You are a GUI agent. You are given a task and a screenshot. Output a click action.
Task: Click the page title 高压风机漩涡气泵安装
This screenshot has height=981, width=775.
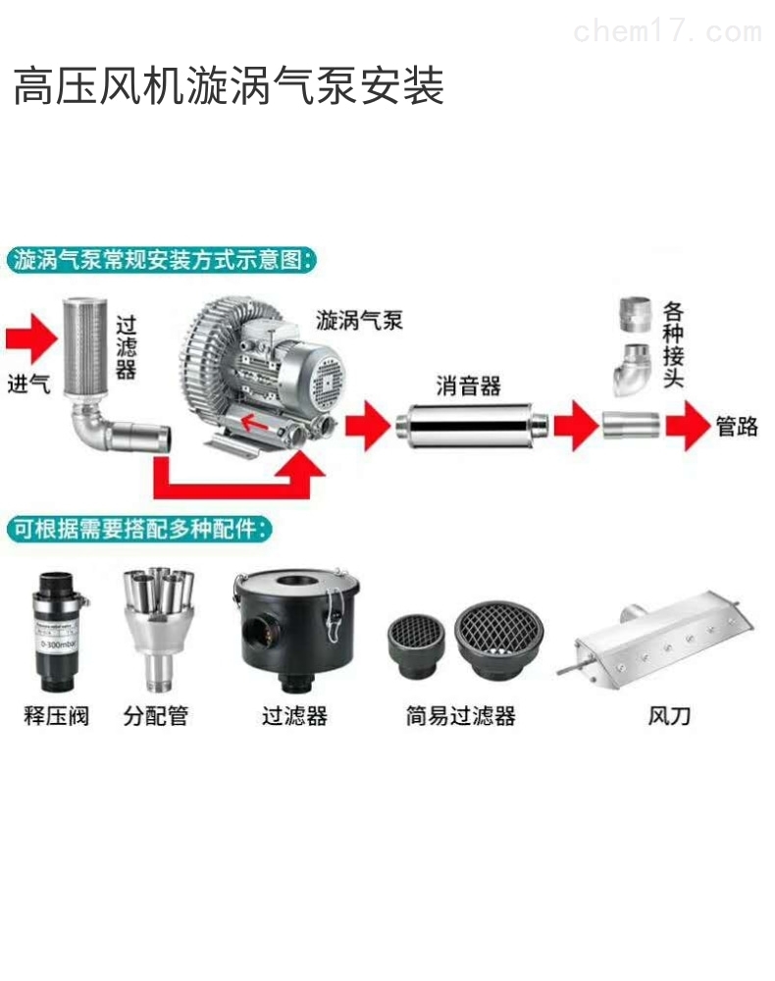[228, 86]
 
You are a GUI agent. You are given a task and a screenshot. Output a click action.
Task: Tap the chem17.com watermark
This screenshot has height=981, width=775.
[666, 31]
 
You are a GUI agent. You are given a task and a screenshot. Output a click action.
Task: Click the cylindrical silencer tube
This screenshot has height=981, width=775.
[469, 426]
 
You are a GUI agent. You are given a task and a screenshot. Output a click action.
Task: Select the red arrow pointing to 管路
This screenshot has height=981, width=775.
[688, 426]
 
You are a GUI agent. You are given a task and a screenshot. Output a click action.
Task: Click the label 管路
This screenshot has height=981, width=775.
[736, 427]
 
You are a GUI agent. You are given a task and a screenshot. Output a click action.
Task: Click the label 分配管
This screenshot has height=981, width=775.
[155, 715]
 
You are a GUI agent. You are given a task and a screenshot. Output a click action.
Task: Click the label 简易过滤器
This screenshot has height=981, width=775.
[460, 715]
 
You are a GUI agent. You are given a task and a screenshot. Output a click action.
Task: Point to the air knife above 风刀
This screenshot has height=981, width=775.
[654, 637]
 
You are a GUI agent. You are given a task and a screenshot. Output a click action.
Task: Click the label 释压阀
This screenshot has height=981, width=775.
[56, 715]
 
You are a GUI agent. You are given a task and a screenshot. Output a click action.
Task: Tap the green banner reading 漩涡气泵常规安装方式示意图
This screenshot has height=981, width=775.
[162, 260]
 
